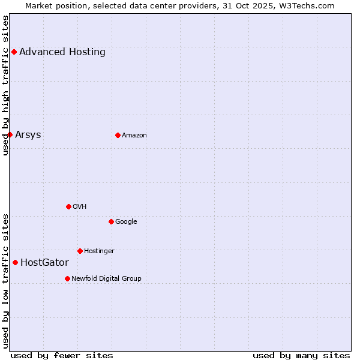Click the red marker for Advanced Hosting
(x=14, y=52)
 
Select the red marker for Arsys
(x=10, y=134)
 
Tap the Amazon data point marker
(x=118, y=135)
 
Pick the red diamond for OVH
(x=68, y=206)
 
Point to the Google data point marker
(x=111, y=221)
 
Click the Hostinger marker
(x=80, y=251)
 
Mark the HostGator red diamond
(x=15, y=262)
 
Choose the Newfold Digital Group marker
(x=67, y=278)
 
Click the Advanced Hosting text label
(x=62, y=52)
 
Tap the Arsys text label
(x=28, y=134)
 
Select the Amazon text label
(x=134, y=136)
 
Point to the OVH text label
(x=80, y=207)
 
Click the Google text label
(x=126, y=222)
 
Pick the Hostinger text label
(x=99, y=251)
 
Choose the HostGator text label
(x=44, y=263)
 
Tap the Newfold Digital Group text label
(x=106, y=279)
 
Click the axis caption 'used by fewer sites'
(x=62, y=355)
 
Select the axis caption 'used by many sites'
(x=301, y=355)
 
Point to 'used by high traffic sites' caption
(x=5, y=85)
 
